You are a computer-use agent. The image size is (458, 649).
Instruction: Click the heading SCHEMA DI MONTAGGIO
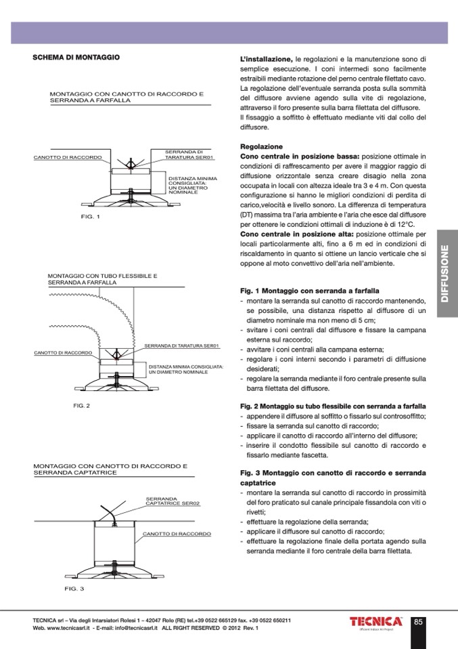pyautogui.click(x=76, y=58)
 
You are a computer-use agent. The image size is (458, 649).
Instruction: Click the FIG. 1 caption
pyautogui.click(x=89, y=217)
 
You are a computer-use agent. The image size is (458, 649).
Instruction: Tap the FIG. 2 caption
pyautogui.click(x=81, y=406)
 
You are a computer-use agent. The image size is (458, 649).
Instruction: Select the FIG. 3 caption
pyautogui.click(x=74, y=588)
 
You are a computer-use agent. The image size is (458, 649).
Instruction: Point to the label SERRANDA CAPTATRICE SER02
pyautogui.click(x=173, y=501)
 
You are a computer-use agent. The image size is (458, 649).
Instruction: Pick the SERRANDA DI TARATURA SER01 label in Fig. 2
pyautogui.click(x=183, y=346)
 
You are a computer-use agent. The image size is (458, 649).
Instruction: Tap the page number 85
pyautogui.click(x=418, y=622)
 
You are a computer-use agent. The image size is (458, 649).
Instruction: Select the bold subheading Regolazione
pyautogui.click(x=261, y=146)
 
